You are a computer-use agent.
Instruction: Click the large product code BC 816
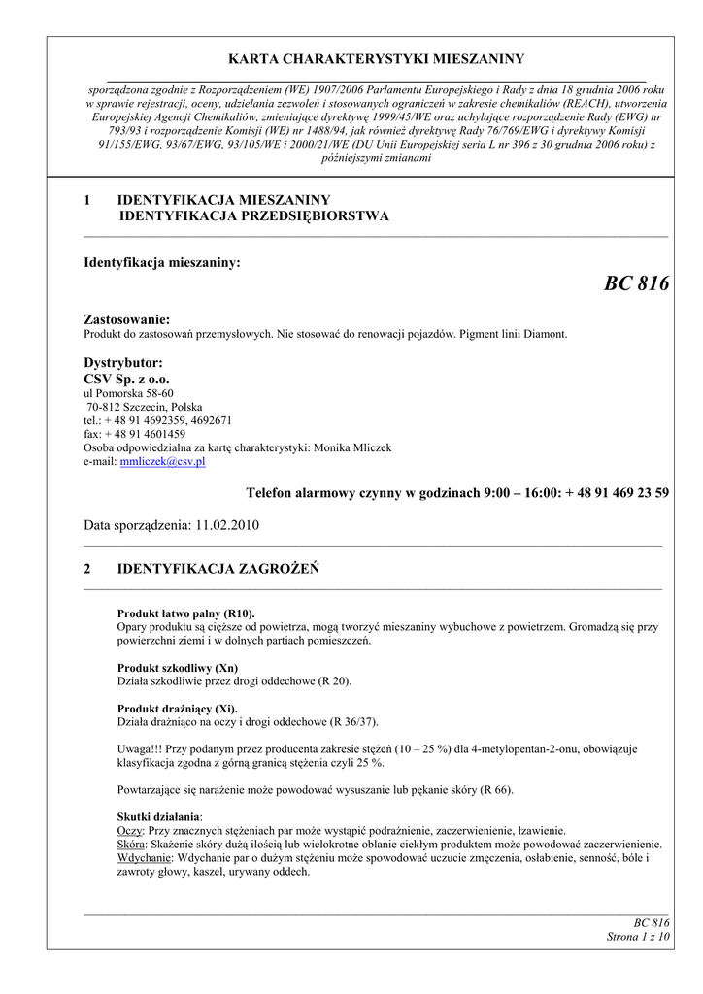pyautogui.click(x=636, y=283)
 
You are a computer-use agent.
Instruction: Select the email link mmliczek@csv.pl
pyautogui.click(x=162, y=462)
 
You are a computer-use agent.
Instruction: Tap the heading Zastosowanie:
pyautogui.click(x=127, y=319)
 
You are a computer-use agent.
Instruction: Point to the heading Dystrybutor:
pyautogui.click(x=123, y=362)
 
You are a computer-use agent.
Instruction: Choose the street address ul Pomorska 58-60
pyautogui.click(x=129, y=393)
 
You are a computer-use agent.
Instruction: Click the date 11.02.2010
pyautogui.click(x=228, y=524)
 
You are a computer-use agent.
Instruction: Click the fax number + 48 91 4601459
pyautogui.click(x=144, y=434)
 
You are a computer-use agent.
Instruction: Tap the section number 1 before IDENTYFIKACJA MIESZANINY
pyautogui.click(x=88, y=200)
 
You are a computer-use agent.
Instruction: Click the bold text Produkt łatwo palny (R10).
pyautogui.click(x=184, y=614)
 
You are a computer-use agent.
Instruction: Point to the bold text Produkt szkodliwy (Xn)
pyautogui.click(x=177, y=668)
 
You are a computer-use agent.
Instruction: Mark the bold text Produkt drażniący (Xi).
pyautogui.click(x=176, y=709)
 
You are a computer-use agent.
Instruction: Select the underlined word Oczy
pyautogui.click(x=129, y=831)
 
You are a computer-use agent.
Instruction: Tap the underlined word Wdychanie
pyautogui.click(x=145, y=858)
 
